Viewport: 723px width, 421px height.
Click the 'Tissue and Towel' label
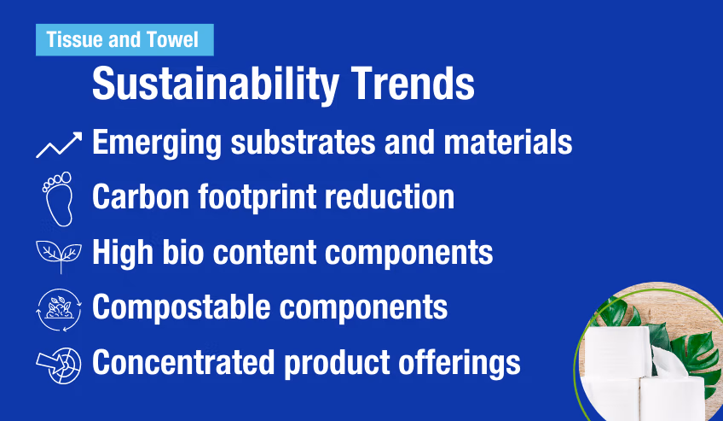123,39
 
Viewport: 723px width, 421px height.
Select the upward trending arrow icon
59,143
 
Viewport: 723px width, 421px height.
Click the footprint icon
58,197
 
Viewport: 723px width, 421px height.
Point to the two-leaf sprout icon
58,254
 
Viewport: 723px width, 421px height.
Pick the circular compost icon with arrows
58,307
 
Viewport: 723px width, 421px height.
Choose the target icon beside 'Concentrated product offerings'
58,361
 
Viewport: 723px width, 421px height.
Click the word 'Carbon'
138,197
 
